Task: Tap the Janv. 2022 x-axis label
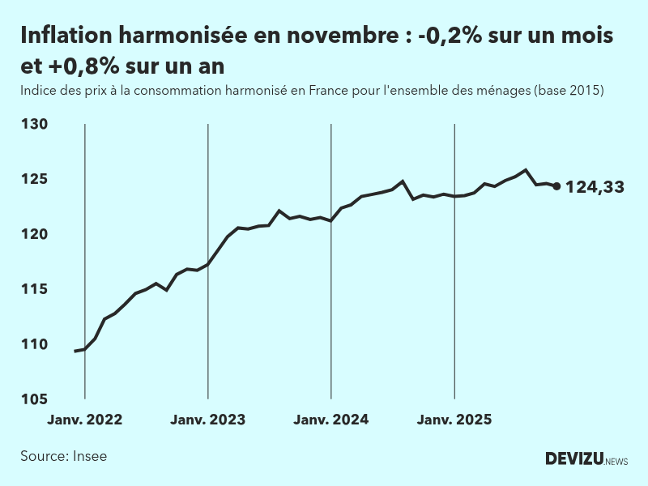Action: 85,420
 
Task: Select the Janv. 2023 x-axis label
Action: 208,420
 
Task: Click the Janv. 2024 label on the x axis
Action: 331,420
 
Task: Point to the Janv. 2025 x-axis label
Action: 454,420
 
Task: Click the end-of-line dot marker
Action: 556,186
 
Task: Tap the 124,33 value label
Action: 595,187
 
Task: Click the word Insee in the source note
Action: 89,456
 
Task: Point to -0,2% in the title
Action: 444,36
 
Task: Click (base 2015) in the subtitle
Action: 569,91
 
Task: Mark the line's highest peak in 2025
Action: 526,170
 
